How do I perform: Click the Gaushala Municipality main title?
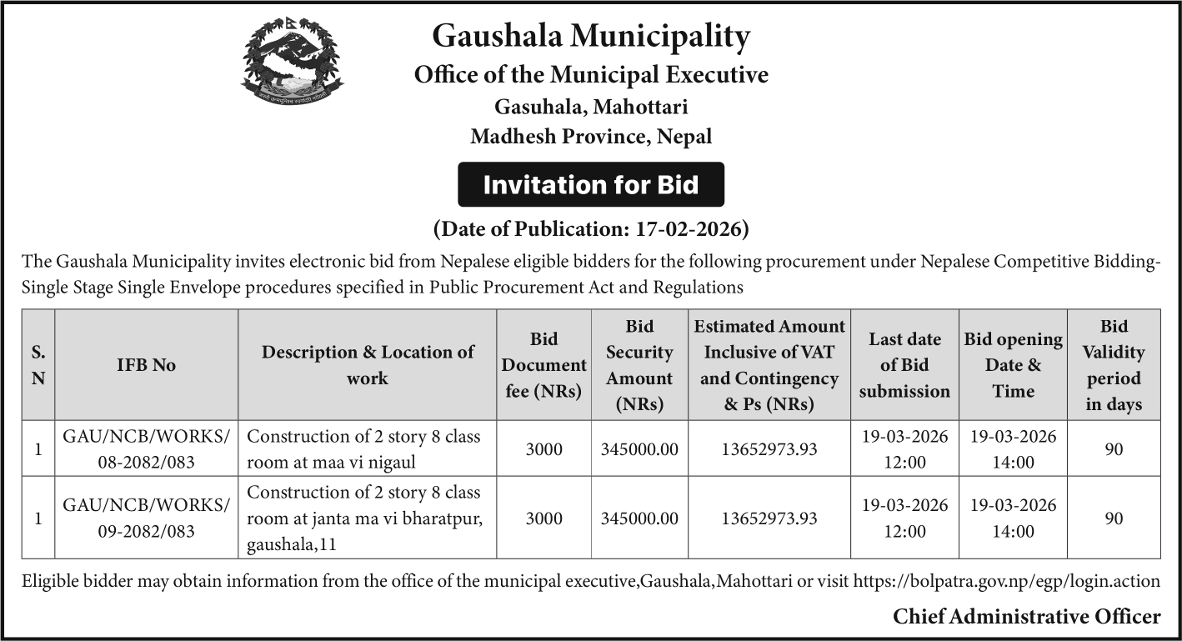tap(591, 37)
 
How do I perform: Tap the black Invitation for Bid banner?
tap(591, 184)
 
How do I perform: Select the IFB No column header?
tap(146, 365)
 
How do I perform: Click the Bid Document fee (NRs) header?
tap(543, 365)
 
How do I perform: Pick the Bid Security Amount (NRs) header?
tap(639, 365)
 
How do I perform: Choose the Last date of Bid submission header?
tap(904, 365)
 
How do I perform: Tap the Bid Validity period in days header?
tap(1114, 365)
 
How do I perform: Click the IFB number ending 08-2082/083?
tap(146, 449)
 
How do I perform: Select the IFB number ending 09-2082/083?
tap(146, 518)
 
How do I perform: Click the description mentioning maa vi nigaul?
tap(364, 449)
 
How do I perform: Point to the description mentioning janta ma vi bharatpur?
tap(364, 518)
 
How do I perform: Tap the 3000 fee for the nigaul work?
tap(543, 449)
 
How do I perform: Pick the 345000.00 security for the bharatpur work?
tap(639, 518)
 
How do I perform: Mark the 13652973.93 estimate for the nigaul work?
tap(769, 449)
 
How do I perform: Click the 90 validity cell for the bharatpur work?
tap(1114, 518)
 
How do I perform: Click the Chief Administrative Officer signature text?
tap(1026, 617)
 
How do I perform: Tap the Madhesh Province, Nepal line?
tap(591, 137)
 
